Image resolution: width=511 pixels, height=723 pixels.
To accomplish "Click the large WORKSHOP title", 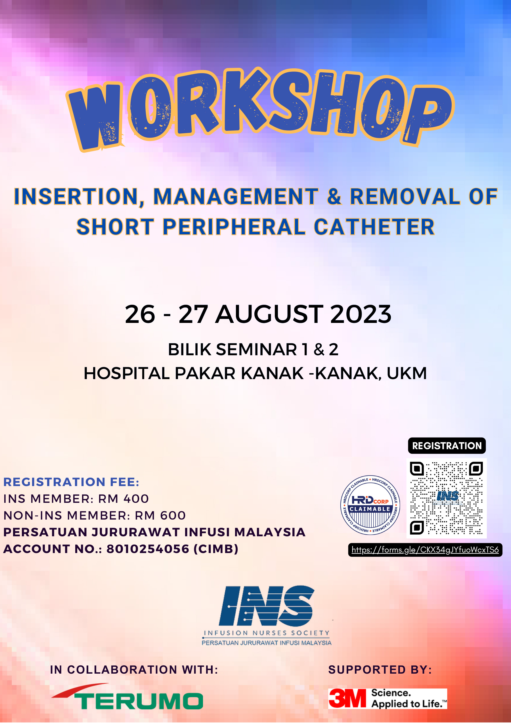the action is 260,109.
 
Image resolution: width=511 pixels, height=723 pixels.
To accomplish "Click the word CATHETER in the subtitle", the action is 374,227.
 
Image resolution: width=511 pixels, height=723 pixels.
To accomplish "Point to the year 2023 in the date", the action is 361,314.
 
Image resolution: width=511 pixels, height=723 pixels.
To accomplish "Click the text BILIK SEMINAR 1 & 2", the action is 253,350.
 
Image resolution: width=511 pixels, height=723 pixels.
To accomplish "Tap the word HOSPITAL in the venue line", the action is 127,373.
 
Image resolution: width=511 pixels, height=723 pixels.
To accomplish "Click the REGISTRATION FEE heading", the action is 71,482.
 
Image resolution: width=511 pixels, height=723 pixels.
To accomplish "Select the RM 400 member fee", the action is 123,499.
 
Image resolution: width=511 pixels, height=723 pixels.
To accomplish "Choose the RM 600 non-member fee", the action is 160,516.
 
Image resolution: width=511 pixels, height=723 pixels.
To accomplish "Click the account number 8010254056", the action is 148,549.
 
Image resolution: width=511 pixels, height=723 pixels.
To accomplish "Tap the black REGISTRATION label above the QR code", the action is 447,445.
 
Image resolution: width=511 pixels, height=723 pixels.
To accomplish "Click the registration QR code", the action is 447,498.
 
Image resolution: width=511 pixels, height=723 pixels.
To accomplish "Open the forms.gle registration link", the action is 425,550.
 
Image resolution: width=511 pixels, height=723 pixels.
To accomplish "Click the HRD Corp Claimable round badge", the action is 370,505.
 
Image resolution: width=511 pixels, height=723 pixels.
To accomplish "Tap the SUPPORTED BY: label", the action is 380,670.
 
